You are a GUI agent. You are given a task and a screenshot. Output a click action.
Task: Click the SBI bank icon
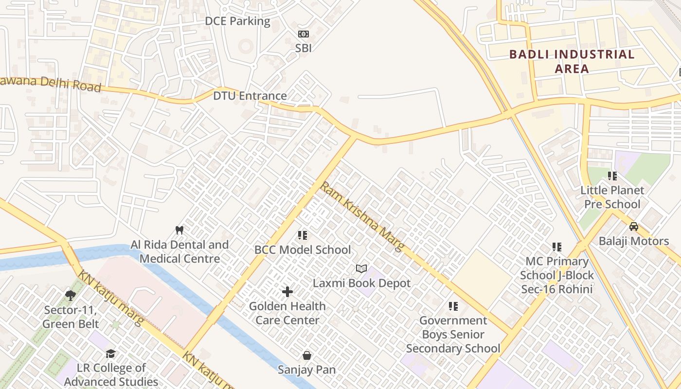pos(303,34)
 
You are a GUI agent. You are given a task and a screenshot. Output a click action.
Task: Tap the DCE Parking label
pos(237,21)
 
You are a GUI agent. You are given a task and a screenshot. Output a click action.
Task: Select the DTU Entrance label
pos(250,96)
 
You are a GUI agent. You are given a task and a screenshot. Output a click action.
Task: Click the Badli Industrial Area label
pos(572,61)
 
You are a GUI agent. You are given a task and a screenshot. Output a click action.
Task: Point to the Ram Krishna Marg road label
pos(362,216)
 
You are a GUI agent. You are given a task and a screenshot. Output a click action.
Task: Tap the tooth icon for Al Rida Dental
pos(179,230)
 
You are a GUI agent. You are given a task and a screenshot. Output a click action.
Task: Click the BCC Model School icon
pos(303,235)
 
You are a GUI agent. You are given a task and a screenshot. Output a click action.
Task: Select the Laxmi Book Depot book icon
pos(361,269)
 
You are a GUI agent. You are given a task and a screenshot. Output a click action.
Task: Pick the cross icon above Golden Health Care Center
pos(287,292)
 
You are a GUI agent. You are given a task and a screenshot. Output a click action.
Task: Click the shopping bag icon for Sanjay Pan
pos(307,355)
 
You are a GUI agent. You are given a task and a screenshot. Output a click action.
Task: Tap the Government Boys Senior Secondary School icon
pos(453,306)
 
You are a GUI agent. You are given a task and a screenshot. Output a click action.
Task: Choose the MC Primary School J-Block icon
pos(557,247)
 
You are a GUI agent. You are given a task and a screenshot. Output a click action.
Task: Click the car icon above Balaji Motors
pos(633,227)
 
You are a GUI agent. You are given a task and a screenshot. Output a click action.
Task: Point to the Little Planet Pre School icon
pos(612,176)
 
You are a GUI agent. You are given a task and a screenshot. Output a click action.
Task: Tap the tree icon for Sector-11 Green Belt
pos(71,295)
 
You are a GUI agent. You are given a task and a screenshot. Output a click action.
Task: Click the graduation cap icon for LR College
pos(111,354)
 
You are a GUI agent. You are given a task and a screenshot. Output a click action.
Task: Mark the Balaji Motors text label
pos(633,241)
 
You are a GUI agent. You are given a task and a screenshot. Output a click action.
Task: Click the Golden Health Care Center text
pos(287,313)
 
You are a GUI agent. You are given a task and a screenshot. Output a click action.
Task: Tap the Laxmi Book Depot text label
pos(361,283)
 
